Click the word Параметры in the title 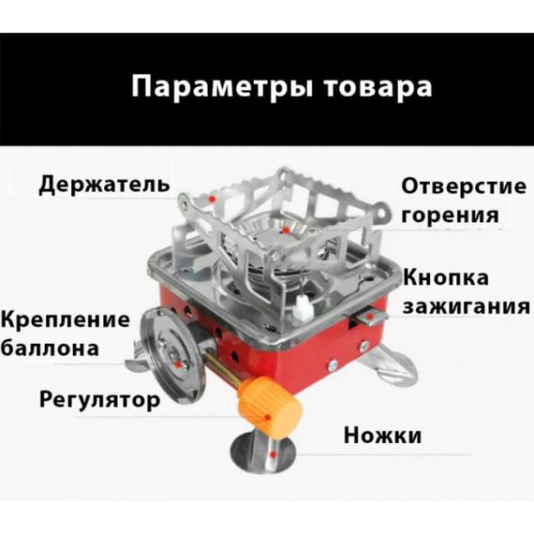pos(222,88)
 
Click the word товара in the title pos(378,87)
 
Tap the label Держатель pos(104,185)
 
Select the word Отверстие pos(464,186)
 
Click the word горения pos(450,215)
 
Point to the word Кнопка pos(445,277)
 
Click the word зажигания pos(467,306)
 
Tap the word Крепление pos(65,321)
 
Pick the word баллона pos(50,349)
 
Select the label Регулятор pos(99,400)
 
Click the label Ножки pos(382,436)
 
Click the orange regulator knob pos(270,407)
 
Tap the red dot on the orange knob pos(268,417)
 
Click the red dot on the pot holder pos(212,199)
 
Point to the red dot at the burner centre pos(286,230)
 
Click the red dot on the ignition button pos(369,317)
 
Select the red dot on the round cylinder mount pos(178,365)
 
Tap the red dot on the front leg pos(272,454)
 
